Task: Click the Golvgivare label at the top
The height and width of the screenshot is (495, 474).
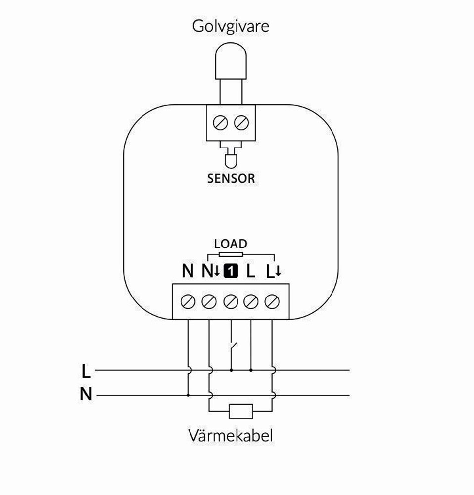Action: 231,26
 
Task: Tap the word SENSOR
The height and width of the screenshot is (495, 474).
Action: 231,178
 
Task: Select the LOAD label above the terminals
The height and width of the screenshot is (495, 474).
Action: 230,244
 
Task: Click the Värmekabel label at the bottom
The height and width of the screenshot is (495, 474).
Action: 231,436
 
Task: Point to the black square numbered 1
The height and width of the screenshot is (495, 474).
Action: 231,271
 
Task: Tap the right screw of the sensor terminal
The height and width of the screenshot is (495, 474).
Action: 240,122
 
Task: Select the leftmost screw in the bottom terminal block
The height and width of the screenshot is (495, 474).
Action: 188,301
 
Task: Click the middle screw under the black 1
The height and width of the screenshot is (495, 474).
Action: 231,301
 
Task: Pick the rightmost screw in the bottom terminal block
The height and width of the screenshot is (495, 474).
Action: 272,301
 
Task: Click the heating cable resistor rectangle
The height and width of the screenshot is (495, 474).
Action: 240,411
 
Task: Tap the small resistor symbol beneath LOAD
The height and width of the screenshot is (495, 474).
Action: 231,255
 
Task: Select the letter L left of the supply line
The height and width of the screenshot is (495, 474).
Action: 86,370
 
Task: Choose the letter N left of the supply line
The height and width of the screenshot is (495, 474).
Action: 86,395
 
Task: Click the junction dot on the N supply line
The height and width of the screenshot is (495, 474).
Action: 188,396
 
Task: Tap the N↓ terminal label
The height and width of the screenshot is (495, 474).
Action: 209,271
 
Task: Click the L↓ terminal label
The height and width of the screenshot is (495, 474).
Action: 273,271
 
